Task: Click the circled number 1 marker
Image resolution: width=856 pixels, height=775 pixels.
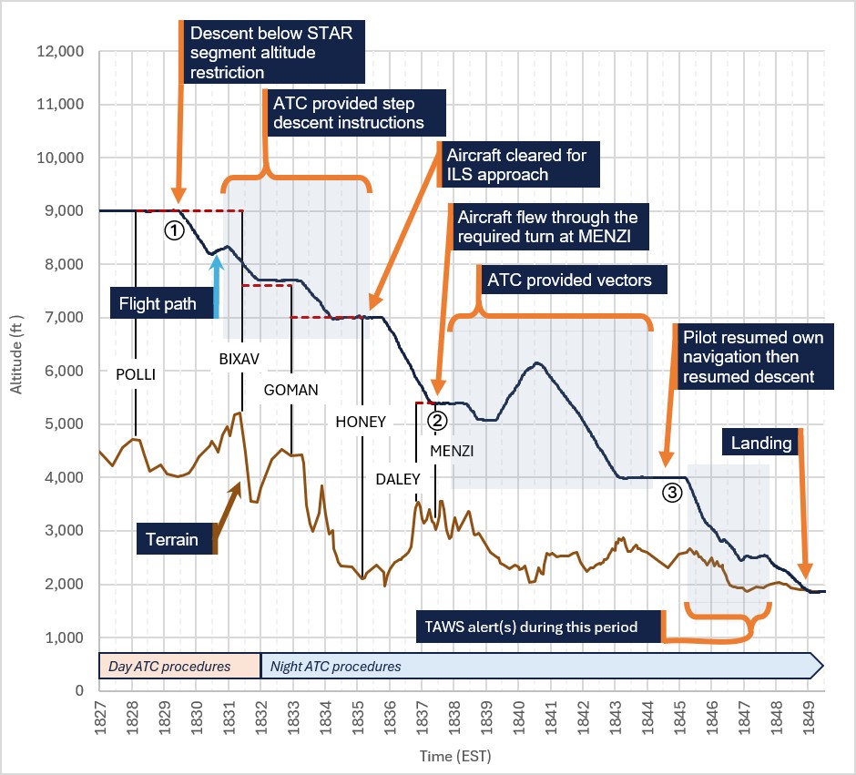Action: tap(174, 231)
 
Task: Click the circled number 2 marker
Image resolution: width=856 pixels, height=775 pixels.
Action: tap(437, 420)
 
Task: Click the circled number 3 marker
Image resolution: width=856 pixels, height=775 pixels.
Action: tap(672, 493)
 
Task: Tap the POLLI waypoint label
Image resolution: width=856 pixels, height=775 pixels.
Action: tap(136, 374)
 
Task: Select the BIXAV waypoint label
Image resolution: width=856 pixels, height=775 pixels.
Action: tap(239, 359)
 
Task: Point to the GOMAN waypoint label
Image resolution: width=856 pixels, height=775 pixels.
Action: tap(291, 390)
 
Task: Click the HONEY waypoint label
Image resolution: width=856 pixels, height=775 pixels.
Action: tap(361, 422)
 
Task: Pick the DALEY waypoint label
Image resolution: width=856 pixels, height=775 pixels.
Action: tap(398, 479)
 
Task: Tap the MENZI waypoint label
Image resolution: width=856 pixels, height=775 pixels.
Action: tap(452, 451)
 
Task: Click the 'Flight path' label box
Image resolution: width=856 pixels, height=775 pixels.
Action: tap(161, 303)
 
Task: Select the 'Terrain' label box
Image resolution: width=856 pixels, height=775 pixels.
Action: tap(175, 539)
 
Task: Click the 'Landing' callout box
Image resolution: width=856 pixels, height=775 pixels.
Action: tap(761, 443)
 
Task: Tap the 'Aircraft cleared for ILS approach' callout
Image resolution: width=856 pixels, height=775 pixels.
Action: tap(519, 165)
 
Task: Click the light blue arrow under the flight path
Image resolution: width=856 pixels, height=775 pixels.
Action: tap(218, 287)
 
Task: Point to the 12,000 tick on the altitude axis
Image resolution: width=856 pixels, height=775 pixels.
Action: tap(61, 52)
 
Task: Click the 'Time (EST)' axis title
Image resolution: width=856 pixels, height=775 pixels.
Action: tap(455, 756)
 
